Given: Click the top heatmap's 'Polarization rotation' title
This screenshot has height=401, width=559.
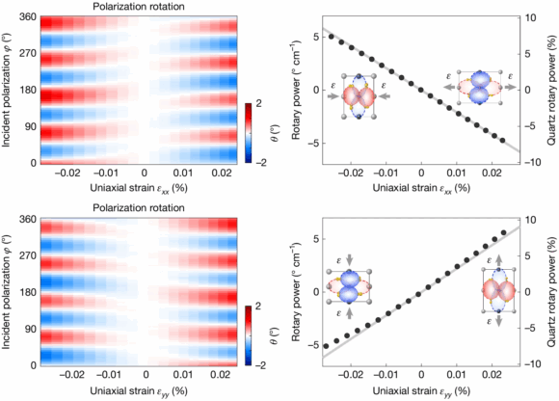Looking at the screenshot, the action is click(x=139, y=7).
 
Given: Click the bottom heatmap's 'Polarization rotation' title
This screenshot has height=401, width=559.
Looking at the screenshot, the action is click(x=139, y=208).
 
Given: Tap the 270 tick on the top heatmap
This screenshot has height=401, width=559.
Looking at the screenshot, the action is click(x=28, y=53).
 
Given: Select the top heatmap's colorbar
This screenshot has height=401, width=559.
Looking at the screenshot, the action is click(x=249, y=133).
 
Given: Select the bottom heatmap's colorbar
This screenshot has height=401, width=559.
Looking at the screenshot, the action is click(x=249, y=335).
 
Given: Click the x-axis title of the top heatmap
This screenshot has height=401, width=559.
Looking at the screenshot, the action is click(x=139, y=188).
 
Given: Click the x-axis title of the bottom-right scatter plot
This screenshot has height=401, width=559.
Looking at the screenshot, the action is click(x=421, y=391).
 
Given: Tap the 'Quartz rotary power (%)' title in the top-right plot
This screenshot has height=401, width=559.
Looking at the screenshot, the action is click(x=551, y=91).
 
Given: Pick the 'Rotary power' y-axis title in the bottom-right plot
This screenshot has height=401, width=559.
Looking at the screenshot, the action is click(x=296, y=292).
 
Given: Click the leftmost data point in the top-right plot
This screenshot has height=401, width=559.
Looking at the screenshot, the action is click(x=332, y=37).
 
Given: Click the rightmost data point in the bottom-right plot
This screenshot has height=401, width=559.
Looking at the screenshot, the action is click(x=504, y=232).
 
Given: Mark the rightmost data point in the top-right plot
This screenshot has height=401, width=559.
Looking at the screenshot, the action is click(x=502, y=141).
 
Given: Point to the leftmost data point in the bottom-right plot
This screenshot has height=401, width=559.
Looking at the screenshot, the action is click(x=326, y=346).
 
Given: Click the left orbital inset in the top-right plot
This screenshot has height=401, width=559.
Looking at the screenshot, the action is click(x=359, y=96).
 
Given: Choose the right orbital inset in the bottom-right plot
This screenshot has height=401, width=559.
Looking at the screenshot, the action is click(x=498, y=291).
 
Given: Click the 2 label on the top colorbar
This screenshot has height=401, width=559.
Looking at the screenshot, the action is click(x=259, y=104).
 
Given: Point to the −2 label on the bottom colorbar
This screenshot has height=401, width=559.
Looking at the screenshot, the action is click(x=261, y=365).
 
